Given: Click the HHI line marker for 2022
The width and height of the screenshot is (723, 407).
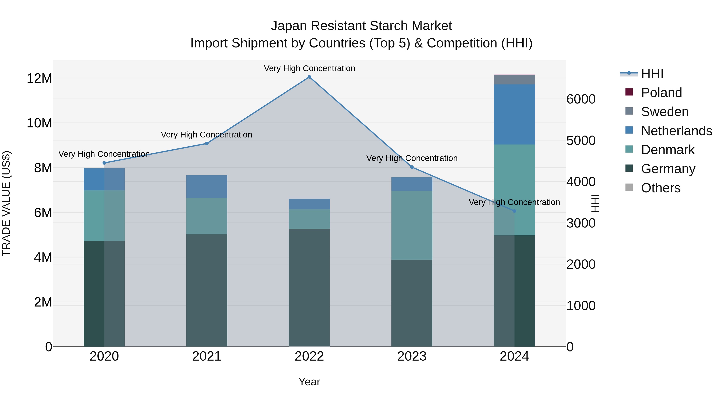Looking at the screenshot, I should click(x=309, y=77).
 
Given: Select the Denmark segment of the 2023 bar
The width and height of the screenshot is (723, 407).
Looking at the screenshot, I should click(x=412, y=225).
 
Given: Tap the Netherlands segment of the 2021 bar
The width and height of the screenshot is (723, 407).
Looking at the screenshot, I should click(x=207, y=187).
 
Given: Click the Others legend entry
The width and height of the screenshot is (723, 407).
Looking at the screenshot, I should click(x=660, y=188).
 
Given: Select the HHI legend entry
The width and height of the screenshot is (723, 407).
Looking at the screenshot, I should click(x=652, y=74).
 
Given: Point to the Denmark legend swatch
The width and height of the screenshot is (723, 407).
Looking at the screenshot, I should click(x=629, y=149).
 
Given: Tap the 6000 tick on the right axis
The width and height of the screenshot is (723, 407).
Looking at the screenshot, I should click(x=581, y=99).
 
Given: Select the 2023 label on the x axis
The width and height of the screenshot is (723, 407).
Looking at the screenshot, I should click(x=412, y=356).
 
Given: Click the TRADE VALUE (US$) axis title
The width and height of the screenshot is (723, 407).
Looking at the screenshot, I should click(x=6, y=203).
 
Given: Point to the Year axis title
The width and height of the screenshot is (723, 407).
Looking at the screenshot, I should click(x=309, y=382).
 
